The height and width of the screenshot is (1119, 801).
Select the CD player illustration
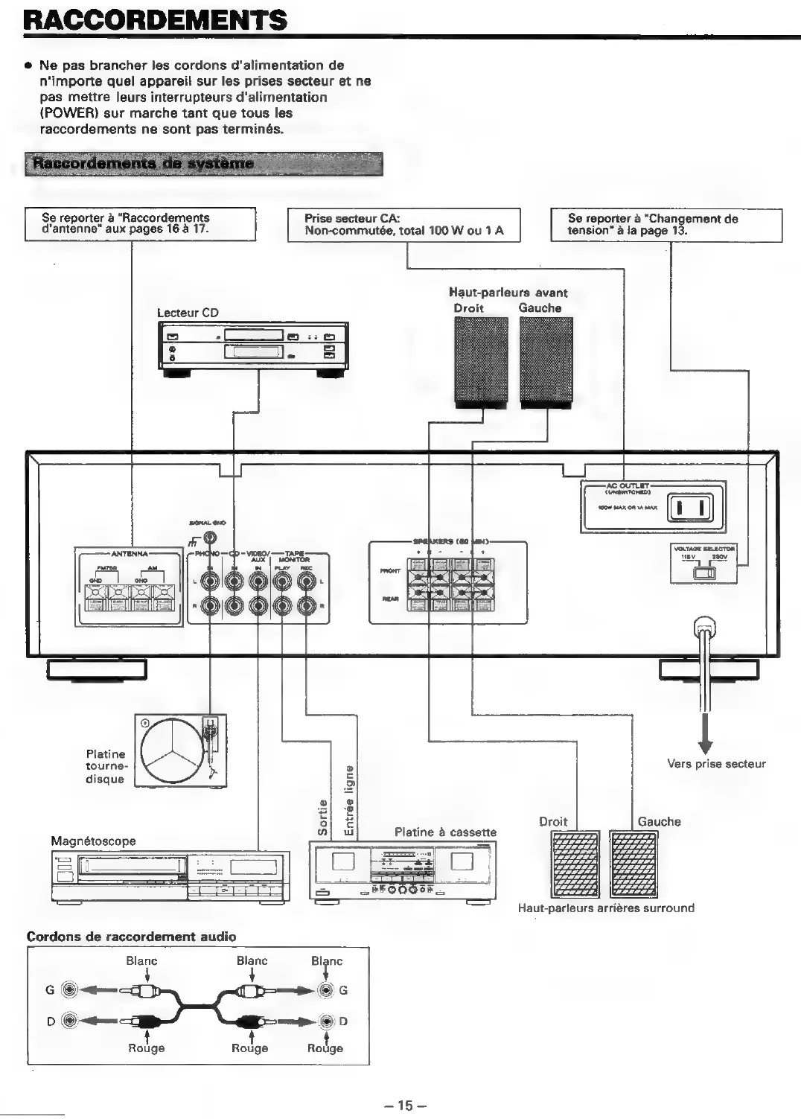click(x=253, y=345)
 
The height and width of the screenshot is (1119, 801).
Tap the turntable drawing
click(x=180, y=750)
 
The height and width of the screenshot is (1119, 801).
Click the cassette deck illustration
click(x=402, y=871)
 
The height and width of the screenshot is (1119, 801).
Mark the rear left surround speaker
click(x=634, y=864)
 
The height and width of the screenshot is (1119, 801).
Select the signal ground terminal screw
click(x=211, y=537)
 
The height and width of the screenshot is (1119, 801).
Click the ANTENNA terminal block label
click(x=129, y=553)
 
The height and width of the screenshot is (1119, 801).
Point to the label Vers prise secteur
click(x=716, y=764)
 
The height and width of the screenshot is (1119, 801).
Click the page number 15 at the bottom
click(x=404, y=1106)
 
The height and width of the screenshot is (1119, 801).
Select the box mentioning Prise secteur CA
click(x=403, y=225)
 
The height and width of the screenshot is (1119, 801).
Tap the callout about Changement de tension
click(x=666, y=225)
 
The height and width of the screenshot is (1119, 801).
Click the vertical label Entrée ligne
click(x=348, y=800)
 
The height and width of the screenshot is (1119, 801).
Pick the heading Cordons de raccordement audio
click(x=131, y=937)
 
